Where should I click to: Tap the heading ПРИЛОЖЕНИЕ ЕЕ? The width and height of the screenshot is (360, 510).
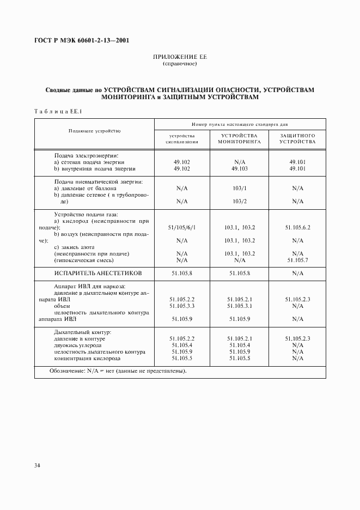(x=180, y=57)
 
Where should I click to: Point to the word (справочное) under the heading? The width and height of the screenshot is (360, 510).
(x=180, y=64)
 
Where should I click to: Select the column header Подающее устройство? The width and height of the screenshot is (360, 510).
(x=94, y=131)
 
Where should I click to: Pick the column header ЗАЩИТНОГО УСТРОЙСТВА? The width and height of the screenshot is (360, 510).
(x=297, y=138)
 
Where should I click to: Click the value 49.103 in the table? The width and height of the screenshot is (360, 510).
(x=240, y=169)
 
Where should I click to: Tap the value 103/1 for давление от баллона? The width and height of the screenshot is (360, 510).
(x=240, y=188)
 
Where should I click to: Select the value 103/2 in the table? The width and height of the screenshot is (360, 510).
(x=240, y=201)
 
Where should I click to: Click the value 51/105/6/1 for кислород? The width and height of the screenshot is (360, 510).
(x=182, y=227)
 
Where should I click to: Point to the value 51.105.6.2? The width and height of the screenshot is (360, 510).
(x=297, y=227)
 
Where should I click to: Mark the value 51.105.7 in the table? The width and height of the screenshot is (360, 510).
(x=297, y=260)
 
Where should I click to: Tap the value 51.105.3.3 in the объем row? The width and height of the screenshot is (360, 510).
(x=182, y=306)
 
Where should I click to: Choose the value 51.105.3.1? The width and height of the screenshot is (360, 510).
(x=240, y=306)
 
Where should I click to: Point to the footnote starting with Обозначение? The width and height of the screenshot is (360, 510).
(x=118, y=372)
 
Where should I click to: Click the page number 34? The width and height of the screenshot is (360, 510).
(x=37, y=465)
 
